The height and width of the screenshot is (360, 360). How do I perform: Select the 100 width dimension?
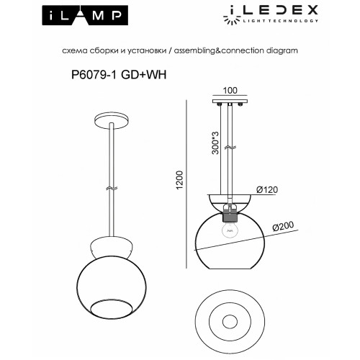click(x=230, y=91)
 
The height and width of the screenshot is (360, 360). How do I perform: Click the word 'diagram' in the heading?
click(x=282, y=53)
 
